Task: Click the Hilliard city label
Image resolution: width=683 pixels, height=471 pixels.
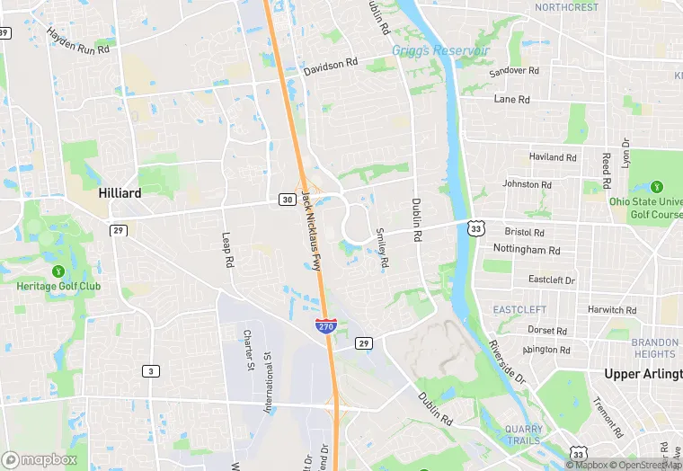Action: (x=120, y=193)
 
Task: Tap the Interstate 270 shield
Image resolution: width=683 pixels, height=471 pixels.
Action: (x=326, y=325)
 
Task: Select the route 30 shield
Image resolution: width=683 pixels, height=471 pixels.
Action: (x=287, y=199)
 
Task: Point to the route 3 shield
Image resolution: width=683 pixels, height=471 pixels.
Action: (x=149, y=371)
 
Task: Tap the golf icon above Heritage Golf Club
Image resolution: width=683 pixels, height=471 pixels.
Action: (x=58, y=271)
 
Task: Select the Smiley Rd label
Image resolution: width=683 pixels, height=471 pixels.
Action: (x=383, y=248)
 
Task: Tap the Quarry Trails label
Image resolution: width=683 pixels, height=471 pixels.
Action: (x=522, y=434)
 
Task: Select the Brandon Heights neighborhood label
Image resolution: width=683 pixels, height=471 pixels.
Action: (x=654, y=348)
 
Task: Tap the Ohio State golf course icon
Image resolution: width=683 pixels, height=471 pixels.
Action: (x=656, y=187)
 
